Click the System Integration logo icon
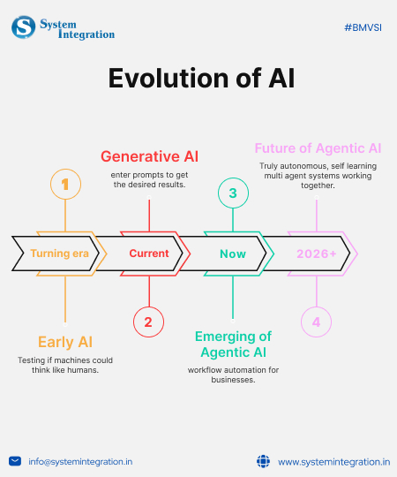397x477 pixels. (x=24, y=27)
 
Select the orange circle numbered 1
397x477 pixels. (x=65, y=185)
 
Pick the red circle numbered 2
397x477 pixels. (x=148, y=322)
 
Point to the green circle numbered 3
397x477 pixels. (x=233, y=193)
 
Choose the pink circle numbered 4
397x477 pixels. (x=317, y=322)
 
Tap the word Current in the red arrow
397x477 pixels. (x=148, y=254)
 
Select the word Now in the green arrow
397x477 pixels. (x=233, y=254)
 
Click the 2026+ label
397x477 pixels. (x=316, y=254)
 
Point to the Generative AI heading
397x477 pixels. (x=149, y=156)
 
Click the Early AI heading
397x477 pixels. (x=65, y=342)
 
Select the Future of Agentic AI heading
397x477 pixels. (x=317, y=148)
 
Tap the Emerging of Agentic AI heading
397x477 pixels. (x=233, y=344)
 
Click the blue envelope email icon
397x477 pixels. (x=15, y=460)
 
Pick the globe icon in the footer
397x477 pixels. (x=262, y=460)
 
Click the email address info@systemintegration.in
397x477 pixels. (x=80, y=461)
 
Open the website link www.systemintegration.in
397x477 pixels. (x=333, y=461)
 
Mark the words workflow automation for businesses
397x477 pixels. (x=233, y=375)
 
